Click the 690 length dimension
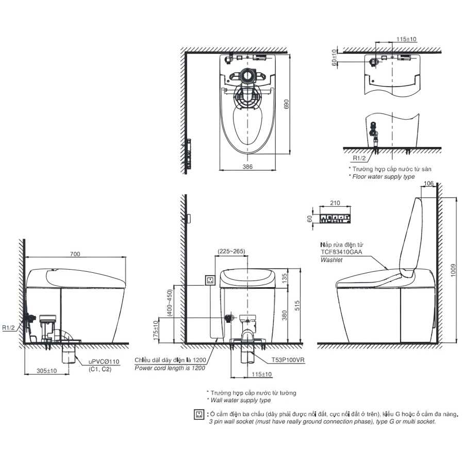click(286, 104)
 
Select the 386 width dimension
click(247, 167)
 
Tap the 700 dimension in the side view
click(75, 254)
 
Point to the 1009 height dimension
click(453, 270)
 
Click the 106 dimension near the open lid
click(428, 184)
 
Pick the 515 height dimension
click(297, 305)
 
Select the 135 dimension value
click(285, 278)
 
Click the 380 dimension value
click(285, 315)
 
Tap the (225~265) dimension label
click(231, 251)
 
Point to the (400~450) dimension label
click(170, 303)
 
